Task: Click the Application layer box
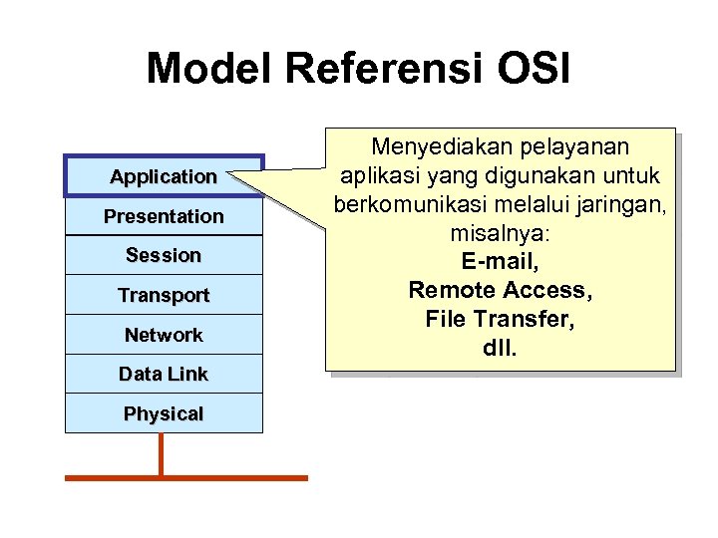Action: (164, 176)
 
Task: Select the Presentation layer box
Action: (164, 216)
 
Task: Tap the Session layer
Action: (164, 255)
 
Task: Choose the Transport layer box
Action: (164, 295)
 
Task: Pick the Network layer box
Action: (164, 335)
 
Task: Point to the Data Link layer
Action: (164, 374)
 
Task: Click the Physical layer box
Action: (164, 413)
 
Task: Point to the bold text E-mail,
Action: (500, 262)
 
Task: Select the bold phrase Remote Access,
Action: (500, 291)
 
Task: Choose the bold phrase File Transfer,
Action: (500, 320)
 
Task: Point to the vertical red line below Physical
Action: (161, 454)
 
